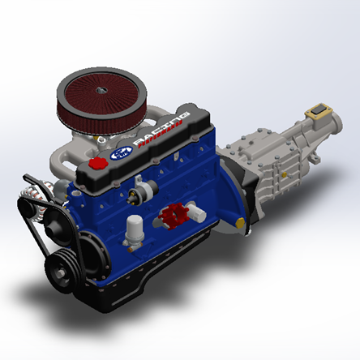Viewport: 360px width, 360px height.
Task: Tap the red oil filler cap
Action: pos(98,164)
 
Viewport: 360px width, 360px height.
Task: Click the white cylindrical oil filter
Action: pos(132,231)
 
